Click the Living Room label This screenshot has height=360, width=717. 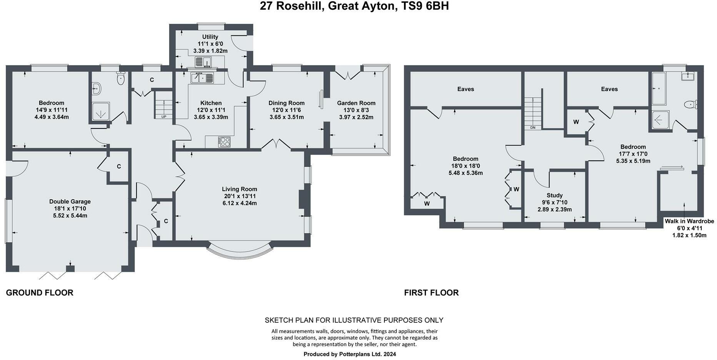[239, 189]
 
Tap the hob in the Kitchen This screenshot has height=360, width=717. [225, 142]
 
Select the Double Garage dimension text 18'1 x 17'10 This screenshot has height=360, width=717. [70, 208]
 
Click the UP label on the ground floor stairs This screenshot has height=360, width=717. [163, 117]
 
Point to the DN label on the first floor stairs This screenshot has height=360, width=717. [532, 128]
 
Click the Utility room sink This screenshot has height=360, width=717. [203, 62]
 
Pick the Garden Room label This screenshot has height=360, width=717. [356, 103]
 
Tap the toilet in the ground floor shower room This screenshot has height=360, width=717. [121, 79]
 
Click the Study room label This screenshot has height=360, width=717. [554, 195]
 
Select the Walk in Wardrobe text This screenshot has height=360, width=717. [689, 221]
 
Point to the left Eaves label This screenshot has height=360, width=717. [466, 89]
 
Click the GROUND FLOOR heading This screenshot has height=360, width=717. [40, 293]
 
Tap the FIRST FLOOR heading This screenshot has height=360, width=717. [431, 293]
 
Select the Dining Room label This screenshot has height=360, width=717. [286, 103]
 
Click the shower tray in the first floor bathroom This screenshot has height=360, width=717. [660, 119]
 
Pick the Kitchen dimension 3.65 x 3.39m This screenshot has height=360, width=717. [211, 117]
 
